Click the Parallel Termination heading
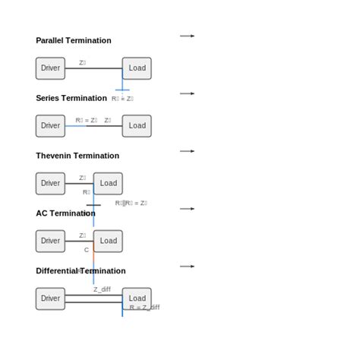[x=73, y=40]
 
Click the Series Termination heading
[x=71, y=98]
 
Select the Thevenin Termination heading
[x=77, y=156]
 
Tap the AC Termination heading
[x=65, y=213]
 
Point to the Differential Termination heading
[x=81, y=271]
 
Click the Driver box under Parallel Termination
[x=50, y=68]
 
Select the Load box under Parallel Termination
[x=137, y=68]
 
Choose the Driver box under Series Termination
[x=50, y=126]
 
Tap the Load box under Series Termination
[x=137, y=126]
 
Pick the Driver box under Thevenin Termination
[x=50, y=184]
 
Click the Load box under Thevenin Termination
[x=108, y=184]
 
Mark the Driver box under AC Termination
[x=50, y=242]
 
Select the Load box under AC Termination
[x=108, y=242]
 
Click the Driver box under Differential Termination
[x=50, y=299]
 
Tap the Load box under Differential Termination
[x=137, y=299]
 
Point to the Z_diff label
[x=102, y=289]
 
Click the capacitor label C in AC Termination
[x=87, y=250]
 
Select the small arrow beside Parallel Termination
[x=187, y=36]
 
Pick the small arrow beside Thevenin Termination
[x=187, y=151]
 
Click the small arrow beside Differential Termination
[x=187, y=267]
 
